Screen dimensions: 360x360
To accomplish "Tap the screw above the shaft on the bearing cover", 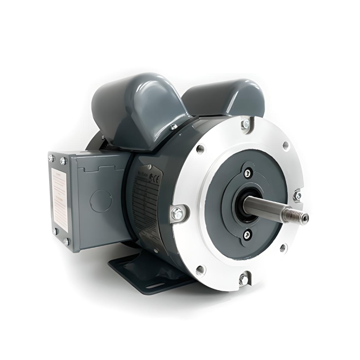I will pyautogui.click(x=247, y=172).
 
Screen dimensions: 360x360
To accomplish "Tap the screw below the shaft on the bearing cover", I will pyautogui.click(x=246, y=234).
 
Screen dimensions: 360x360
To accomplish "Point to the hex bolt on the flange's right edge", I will pyautogui.click(x=297, y=196).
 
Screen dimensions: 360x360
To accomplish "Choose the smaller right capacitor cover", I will pyautogui.click(x=225, y=97).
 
